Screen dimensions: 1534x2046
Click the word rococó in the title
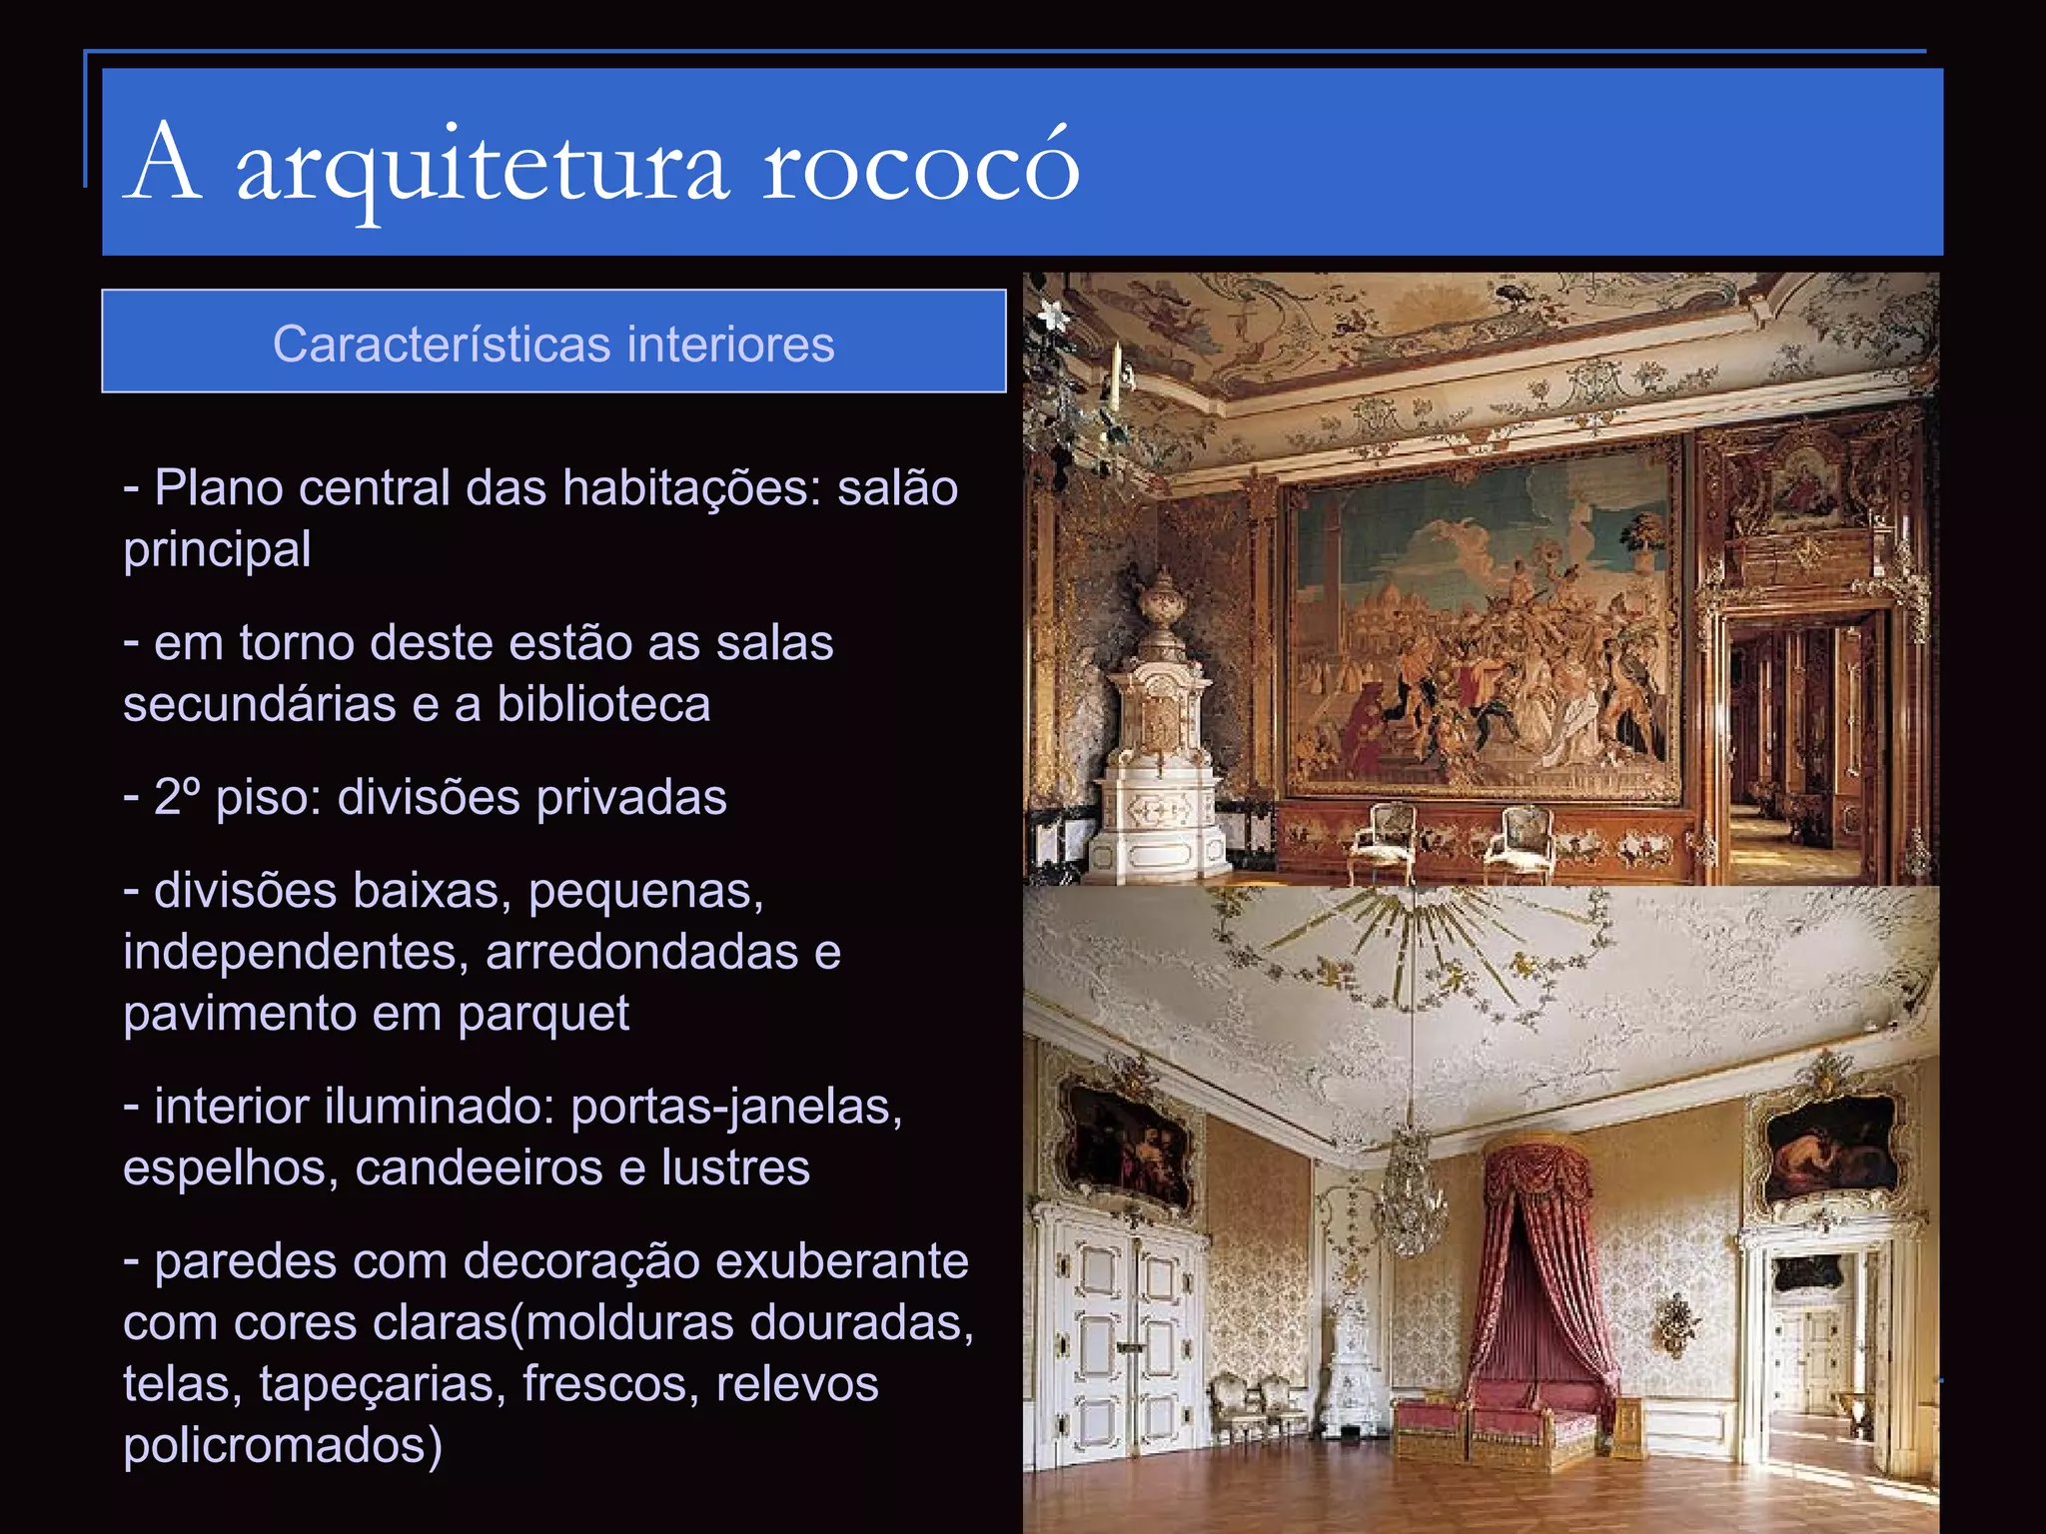[x=920, y=165]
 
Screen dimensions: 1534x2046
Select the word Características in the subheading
[x=442, y=345]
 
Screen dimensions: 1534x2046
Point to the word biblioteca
[x=603, y=704]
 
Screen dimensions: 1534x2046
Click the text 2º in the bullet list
[x=177, y=797]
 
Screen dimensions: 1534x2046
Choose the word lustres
[x=735, y=1167]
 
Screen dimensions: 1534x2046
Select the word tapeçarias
[x=382, y=1384]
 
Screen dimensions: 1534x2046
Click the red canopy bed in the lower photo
[x=1509, y=1318]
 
